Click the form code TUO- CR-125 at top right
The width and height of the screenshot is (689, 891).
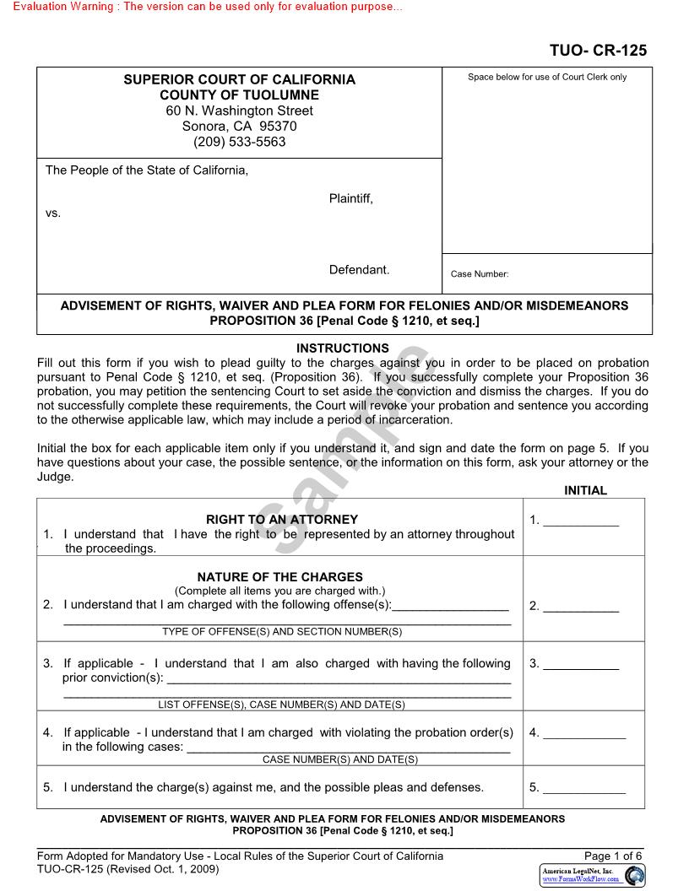pyautogui.click(x=598, y=51)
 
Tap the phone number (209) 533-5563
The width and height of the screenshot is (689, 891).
pyautogui.click(x=239, y=142)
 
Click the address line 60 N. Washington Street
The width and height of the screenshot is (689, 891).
pyautogui.click(x=239, y=111)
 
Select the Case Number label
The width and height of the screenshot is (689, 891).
pyautogui.click(x=480, y=274)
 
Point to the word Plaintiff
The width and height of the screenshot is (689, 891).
pyautogui.click(x=350, y=198)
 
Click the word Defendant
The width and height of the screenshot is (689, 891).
pyautogui.click(x=359, y=270)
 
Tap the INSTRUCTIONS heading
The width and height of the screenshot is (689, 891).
pyautogui.click(x=343, y=348)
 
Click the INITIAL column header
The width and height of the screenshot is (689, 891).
pyautogui.click(x=585, y=490)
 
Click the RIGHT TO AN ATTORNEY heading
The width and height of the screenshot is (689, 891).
pyautogui.click(x=282, y=520)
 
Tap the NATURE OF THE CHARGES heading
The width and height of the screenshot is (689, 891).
pyautogui.click(x=280, y=577)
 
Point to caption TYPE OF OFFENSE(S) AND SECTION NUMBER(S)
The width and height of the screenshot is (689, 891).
pyautogui.click(x=282, y=631)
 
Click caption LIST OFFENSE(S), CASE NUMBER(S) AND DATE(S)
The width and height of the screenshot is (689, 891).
pyautogui.click(x=282, y=705)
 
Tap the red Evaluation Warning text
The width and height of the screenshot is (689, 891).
pyautogui.click(x=203, y=7)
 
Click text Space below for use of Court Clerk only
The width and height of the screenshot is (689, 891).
pyautogui.click(x=547, y=77)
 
